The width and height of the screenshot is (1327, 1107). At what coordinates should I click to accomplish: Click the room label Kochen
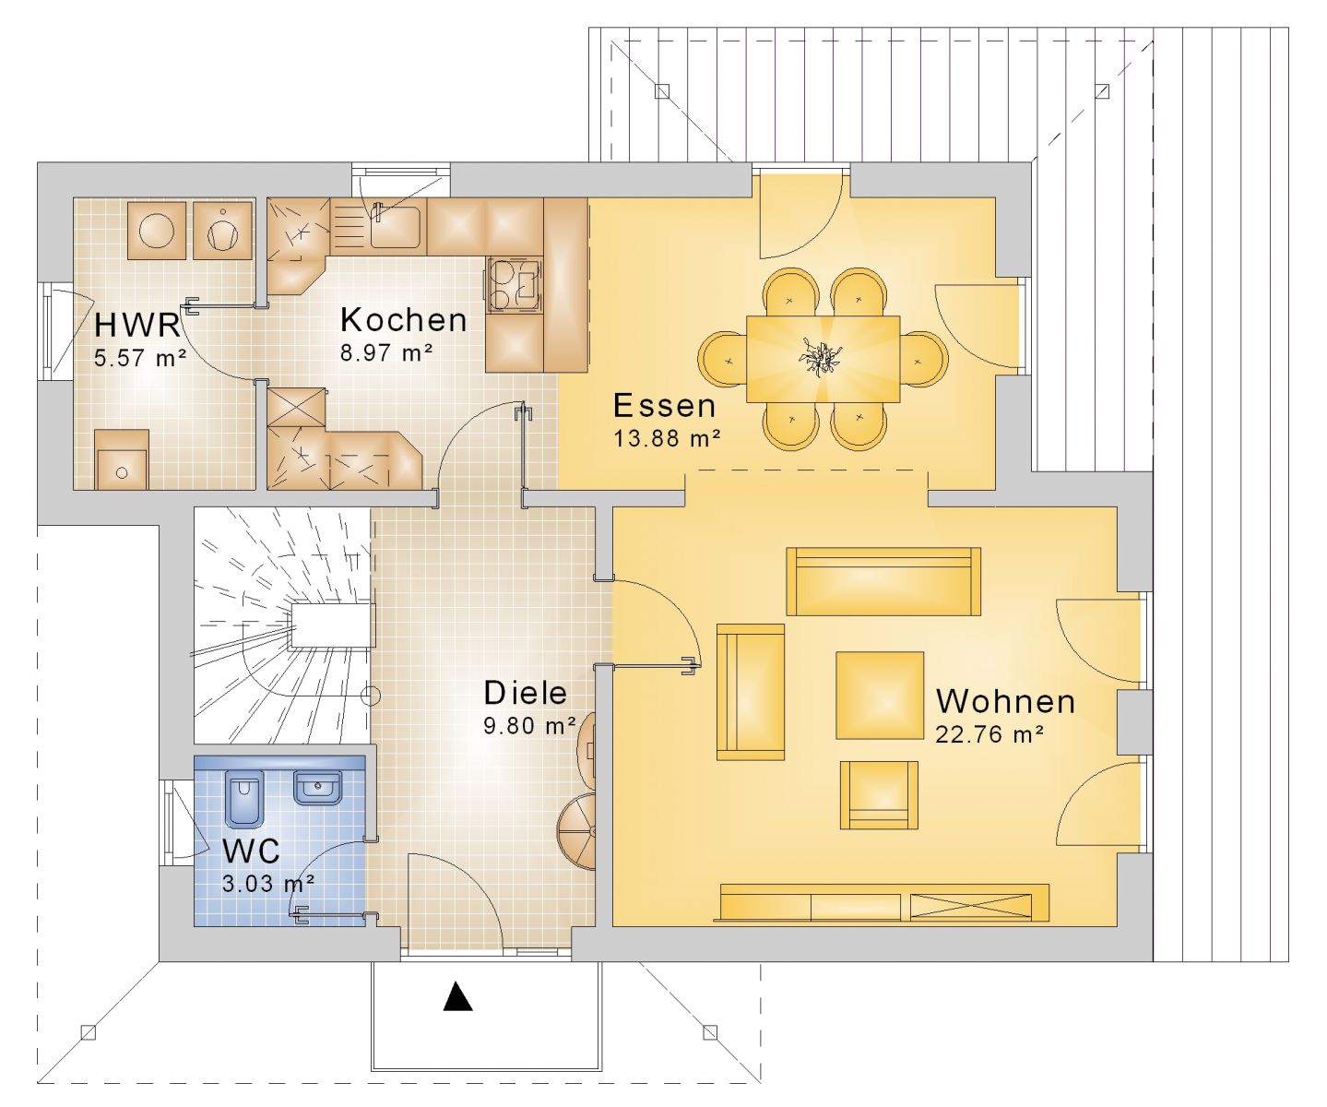[x=404, y=320]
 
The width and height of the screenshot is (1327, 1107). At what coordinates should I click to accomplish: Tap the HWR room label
[x=137, y=325]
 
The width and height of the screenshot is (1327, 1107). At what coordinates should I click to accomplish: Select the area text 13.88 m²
[x=667, y=438]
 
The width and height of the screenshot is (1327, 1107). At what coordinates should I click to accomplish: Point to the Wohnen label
[x=1005, y=702]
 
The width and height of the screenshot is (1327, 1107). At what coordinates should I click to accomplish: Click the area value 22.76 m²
[x=989, y=735]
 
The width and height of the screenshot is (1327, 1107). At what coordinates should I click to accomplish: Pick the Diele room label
[x=525, y=693]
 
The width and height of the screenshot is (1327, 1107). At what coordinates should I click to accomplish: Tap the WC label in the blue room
[x=251, y=851]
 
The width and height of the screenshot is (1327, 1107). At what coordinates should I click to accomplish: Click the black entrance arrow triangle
[x=457, y=996]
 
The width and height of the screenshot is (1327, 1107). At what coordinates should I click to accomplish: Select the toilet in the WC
[x=244, y=800]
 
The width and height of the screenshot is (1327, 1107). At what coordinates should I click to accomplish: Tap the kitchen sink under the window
[x=395, y=226]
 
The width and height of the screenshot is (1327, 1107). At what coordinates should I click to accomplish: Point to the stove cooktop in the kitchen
[x=515, y=285]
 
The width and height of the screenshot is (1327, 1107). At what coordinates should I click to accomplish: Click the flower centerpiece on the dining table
[x=821, y=358]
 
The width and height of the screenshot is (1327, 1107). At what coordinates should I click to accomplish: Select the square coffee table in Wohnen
[x=880, y=695]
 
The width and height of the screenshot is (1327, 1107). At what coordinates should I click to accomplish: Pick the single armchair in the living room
[x=879, y=795]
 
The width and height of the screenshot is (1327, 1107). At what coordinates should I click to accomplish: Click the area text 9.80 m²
[x=530, y=725]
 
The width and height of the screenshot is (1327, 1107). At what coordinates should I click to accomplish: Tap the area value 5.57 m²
[x=140, y=358]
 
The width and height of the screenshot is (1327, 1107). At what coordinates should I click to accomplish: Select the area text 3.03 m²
[x=269, y=883]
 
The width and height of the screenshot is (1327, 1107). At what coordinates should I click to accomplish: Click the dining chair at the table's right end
[x=924, y=359]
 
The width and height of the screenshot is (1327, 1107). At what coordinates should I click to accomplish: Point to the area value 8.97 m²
[x=387, y=352]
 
